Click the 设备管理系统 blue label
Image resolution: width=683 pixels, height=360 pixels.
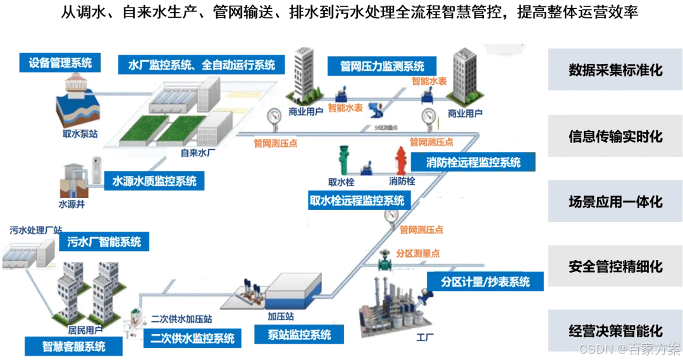[60, 63]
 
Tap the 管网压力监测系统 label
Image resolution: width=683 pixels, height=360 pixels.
[381, 66]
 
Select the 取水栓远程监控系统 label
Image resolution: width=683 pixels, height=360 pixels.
[357, 201]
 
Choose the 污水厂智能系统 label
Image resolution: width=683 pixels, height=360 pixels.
[104, 241]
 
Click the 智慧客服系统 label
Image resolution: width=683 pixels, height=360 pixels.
[74, 346]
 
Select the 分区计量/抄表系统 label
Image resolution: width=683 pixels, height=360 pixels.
[486, 282]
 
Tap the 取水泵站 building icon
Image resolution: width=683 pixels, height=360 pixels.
[78, 102]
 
